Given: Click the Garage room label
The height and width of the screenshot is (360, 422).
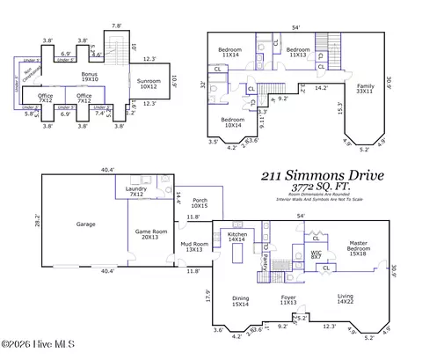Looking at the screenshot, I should (85, 224).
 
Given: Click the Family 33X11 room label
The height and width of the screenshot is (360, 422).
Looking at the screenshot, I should (364, 88).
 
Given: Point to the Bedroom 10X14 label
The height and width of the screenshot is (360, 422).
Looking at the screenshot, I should (232, 121).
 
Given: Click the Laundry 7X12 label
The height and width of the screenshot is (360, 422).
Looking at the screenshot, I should (135, 191).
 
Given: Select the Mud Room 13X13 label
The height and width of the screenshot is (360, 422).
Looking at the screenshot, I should (193, 247).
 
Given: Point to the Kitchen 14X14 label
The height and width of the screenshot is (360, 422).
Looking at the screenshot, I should (237, 237).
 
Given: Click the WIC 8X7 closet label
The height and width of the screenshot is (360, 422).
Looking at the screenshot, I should (315, 254).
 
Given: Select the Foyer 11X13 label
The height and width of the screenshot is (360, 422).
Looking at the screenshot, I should (288, 300).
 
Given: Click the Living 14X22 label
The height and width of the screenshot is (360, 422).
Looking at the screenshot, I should (345, 300).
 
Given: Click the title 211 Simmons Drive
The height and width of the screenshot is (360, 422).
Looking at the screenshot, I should (323, 176).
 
